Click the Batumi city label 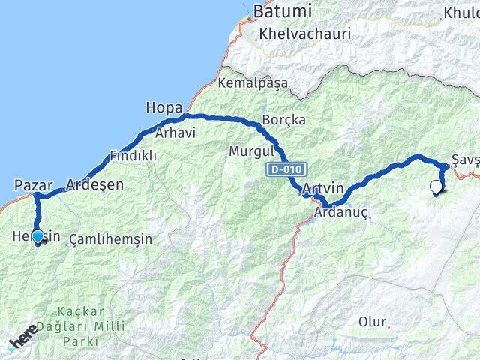point(282,11)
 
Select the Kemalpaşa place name point(253,83)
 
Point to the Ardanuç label point(341,212)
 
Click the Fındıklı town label point(133,156)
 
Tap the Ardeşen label point(94,184)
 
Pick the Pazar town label point(34,184)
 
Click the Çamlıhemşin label point(110,239)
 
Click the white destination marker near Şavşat point(436,187)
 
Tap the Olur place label point(373,322)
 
